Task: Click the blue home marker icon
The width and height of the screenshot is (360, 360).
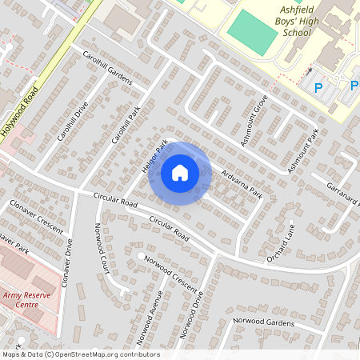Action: (x=180, y=173)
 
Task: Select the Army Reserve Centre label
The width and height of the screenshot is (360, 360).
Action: (x=32, y=301)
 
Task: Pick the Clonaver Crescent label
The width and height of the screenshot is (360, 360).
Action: (x=36, y=217)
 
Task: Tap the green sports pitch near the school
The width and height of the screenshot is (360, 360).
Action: (x=251, y=30)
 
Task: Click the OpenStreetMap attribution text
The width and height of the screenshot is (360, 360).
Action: (x=80, y=354)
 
